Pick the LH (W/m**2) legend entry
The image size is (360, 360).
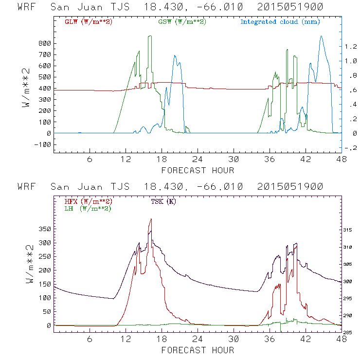coord(87,208)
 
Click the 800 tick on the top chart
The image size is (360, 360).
coord(45,43)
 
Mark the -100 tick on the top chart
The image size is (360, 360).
coord(43,144)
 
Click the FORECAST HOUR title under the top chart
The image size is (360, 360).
coord(198,170)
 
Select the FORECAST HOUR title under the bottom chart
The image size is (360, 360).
coord(198,350)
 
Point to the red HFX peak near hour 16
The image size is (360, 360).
coord(151,219)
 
